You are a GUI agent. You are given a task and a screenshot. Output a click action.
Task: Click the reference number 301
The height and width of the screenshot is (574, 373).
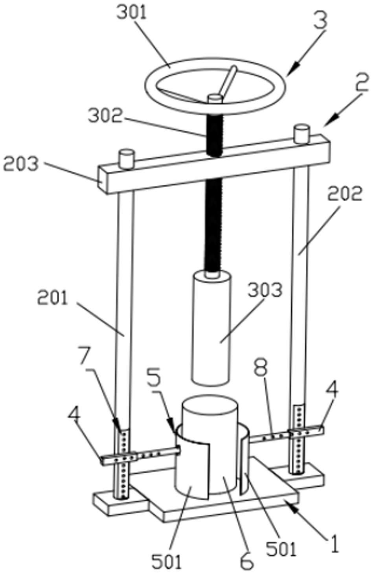tap(132, 12)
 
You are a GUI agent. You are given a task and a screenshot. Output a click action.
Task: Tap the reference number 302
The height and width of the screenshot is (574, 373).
tap(105, 116)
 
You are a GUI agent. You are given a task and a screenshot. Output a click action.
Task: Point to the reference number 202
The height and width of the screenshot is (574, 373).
tap(345, 193)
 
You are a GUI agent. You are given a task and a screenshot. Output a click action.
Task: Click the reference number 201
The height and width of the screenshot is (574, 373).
tap(53, 298)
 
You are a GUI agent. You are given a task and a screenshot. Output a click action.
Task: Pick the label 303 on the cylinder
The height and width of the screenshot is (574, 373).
tap(265, 290)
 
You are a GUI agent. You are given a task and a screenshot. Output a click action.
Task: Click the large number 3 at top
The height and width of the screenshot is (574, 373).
tap(321, 21)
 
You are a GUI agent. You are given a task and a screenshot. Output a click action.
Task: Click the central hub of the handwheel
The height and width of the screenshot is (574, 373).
tap(215, 99)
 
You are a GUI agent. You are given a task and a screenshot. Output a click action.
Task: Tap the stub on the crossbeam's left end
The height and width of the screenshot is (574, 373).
tap(127, 159)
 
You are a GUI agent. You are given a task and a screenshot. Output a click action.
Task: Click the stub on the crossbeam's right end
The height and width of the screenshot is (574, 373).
tap(301, 134)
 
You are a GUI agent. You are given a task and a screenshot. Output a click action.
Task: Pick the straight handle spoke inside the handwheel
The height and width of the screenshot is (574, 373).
tap(228, 82)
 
